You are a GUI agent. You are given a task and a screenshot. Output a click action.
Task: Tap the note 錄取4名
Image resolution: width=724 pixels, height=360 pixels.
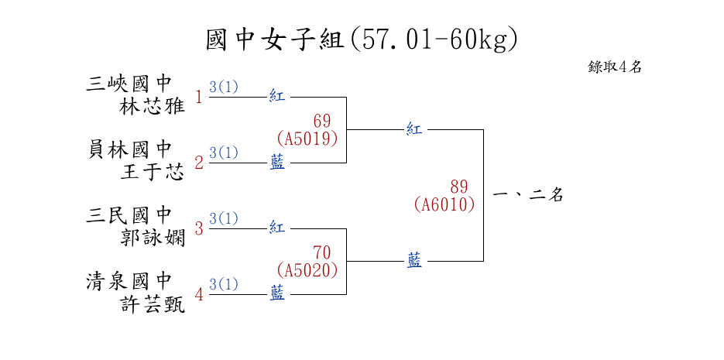(615, 67)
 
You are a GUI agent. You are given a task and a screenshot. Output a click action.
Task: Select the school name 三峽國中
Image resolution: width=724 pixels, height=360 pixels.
(129, 83)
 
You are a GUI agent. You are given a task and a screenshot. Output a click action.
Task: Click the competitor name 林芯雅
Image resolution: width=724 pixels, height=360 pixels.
(153, 106)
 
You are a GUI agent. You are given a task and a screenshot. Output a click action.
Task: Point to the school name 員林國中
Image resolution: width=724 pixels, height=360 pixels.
(129, 149)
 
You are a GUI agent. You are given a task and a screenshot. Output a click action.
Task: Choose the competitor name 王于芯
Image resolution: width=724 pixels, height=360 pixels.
(153, 172)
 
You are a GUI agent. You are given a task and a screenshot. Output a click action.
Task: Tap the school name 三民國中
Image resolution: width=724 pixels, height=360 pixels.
(129, 214)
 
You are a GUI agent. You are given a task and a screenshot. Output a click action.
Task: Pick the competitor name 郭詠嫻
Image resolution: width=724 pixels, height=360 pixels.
(153, 238)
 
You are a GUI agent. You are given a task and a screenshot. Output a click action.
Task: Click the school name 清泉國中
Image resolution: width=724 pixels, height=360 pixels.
(129, 280)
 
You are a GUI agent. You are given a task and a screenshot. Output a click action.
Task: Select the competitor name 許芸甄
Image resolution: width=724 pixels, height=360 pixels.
(153, 304)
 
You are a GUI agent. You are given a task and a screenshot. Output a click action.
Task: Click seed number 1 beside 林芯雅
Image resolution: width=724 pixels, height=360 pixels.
(199, 98)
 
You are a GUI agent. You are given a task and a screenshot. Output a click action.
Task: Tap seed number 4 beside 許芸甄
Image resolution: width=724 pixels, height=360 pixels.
(199, 295)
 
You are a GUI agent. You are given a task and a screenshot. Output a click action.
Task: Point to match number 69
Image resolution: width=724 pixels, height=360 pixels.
(322, 121)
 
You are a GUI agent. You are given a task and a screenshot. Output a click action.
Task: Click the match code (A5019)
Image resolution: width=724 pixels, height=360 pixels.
(307, 139)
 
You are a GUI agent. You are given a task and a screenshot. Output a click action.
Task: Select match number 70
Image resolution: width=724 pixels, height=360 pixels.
(322, 252)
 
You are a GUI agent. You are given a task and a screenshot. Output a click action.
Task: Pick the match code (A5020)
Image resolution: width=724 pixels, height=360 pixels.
(307, 270)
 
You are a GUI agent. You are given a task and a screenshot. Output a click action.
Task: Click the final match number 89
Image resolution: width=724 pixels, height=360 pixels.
(459, 187)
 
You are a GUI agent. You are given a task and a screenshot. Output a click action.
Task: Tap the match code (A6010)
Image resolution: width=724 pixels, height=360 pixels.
(444, 204)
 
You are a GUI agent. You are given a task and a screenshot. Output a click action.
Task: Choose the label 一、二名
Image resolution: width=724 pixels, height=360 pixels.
(527, 195)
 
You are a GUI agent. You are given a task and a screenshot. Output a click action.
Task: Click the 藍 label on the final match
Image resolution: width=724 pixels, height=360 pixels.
(415, 262)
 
